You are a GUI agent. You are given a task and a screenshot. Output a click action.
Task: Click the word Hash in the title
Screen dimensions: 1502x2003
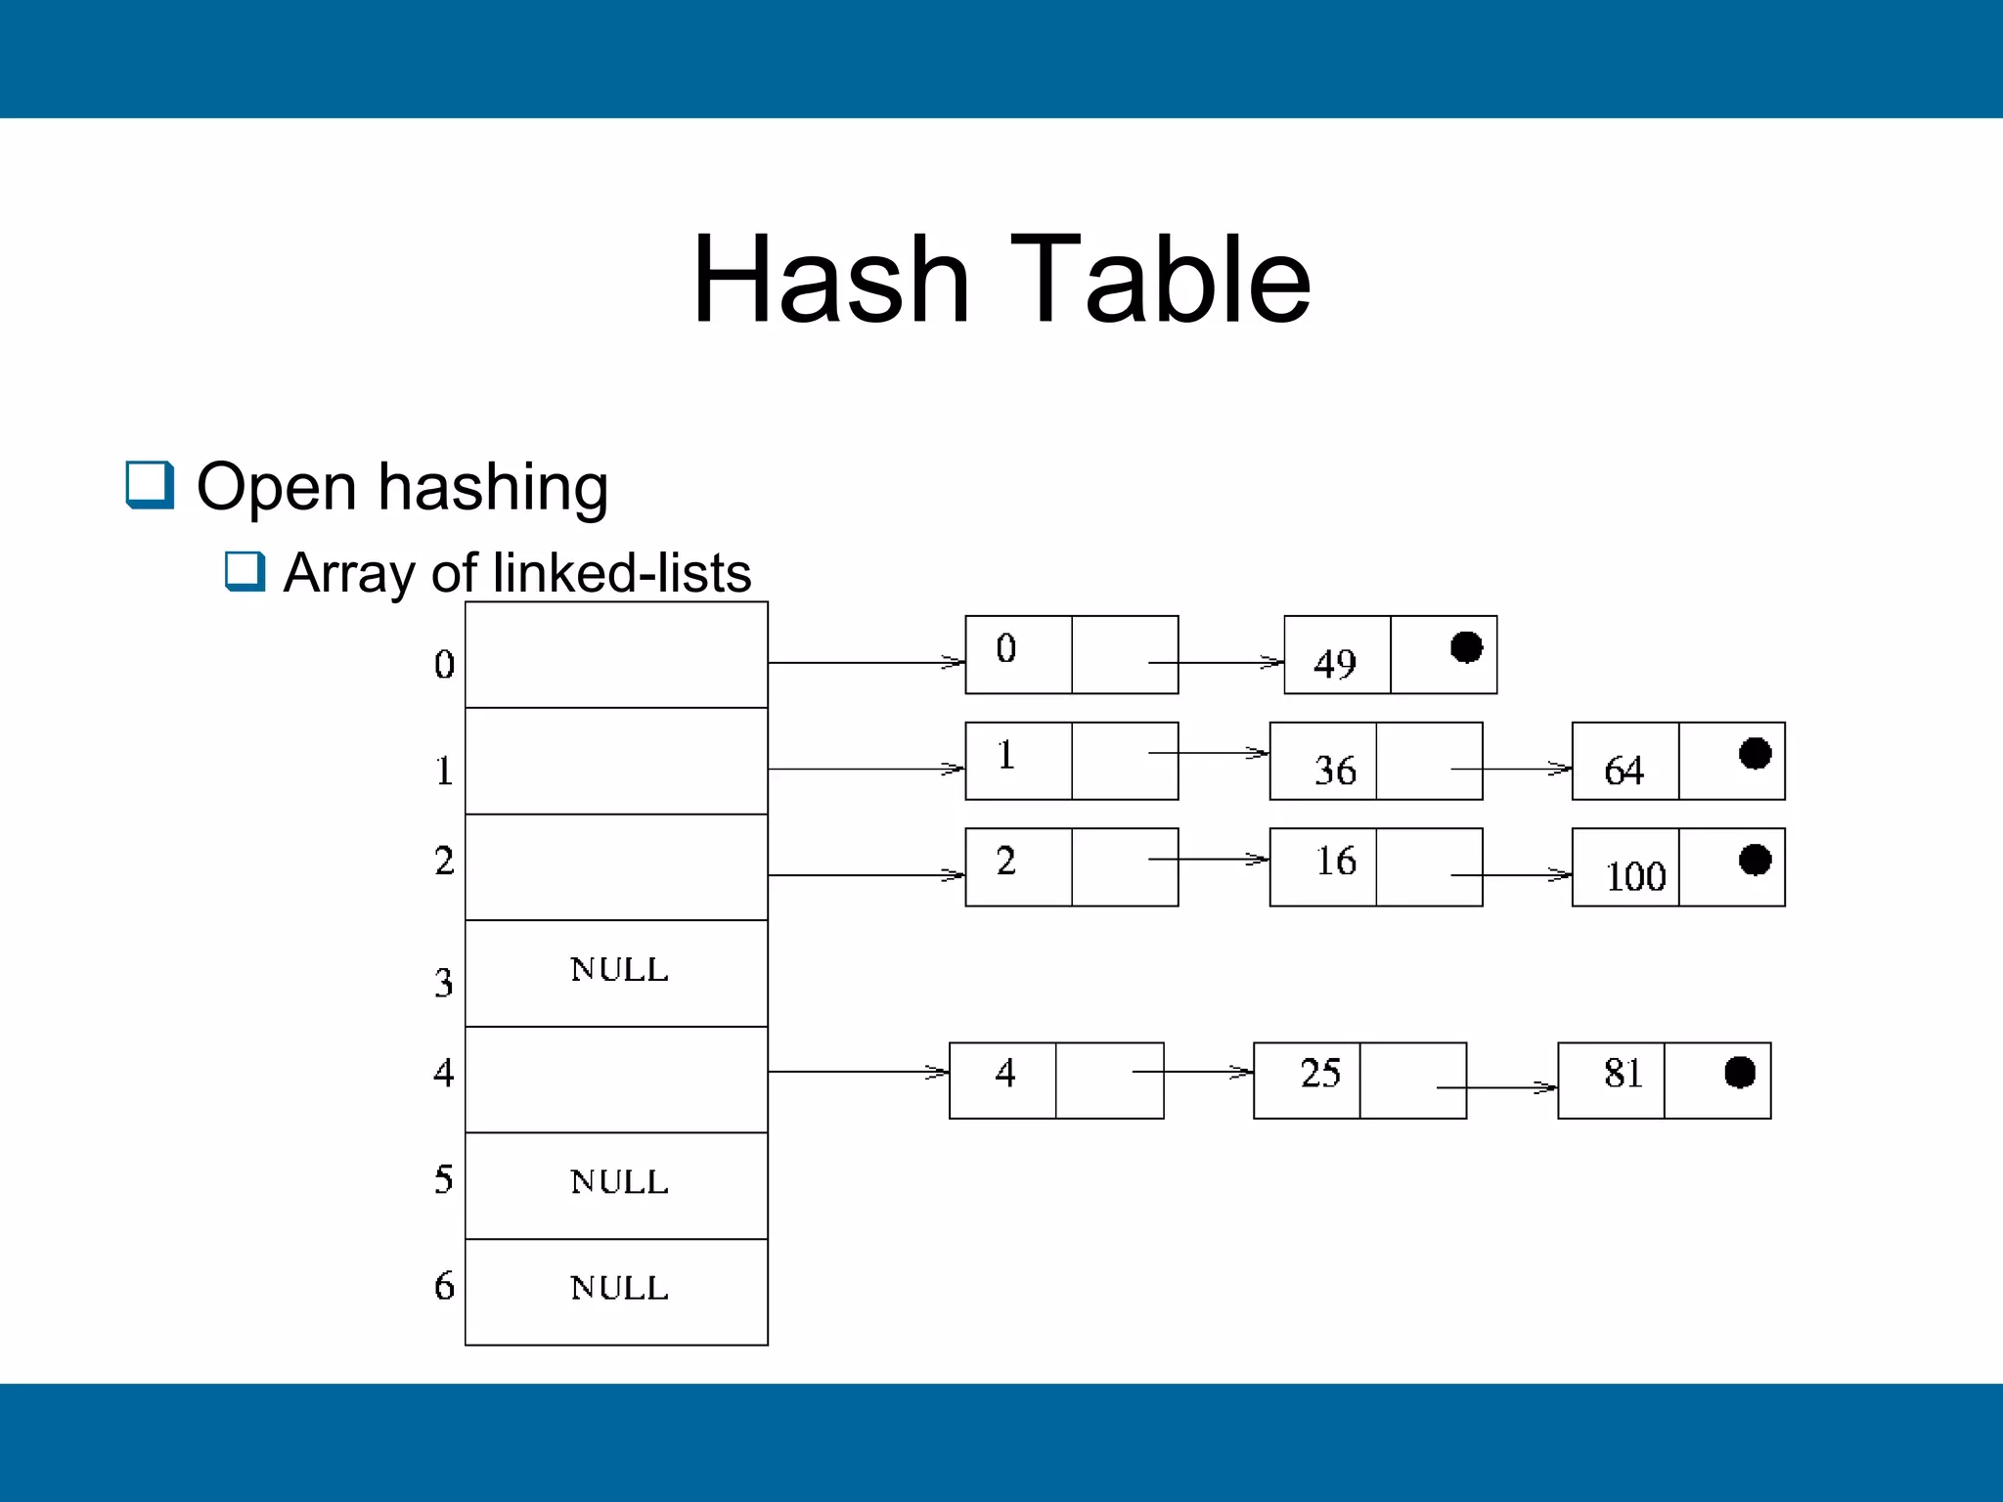(x=831, y=281)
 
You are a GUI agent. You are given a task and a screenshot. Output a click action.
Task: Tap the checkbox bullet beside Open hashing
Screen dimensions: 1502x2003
(x=150, y=485)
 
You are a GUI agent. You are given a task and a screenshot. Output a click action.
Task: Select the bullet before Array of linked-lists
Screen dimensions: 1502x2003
(x=245, y=571)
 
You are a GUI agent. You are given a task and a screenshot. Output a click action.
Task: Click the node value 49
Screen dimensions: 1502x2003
(x=1335, y=664)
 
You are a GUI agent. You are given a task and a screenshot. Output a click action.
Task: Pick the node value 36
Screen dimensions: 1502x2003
(x=1335, y=771)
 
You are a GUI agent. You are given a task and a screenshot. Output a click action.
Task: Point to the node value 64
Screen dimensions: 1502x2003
(x=1624, y=771)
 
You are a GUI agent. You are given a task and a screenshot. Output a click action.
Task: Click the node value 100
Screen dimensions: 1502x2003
(x=1635, y=876)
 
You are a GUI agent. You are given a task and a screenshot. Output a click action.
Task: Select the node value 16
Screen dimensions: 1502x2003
(x=1335, y=861)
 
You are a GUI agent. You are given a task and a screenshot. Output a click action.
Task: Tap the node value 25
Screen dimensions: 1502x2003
(x=1320, y=1073)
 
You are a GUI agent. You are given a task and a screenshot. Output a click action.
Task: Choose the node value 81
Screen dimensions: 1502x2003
(x=1624, y=1073)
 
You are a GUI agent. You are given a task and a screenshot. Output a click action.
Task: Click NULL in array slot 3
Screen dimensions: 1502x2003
(x=619, y=970)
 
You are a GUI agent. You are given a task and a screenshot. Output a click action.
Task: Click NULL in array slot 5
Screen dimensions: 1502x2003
(x=619, y=1182)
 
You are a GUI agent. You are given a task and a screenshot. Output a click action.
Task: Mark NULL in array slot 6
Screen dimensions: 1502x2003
(x=619, y=1288)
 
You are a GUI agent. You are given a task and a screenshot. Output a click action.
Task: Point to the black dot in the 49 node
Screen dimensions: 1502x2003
(x=1466, y=647)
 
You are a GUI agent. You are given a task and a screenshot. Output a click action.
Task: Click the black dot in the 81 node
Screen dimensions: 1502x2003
(x=1740, y=1072)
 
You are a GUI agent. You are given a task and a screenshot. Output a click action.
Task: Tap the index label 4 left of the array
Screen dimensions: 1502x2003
(x=444, y=1073)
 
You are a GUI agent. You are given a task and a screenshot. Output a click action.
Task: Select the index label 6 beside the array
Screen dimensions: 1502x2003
(x=444, y=1286)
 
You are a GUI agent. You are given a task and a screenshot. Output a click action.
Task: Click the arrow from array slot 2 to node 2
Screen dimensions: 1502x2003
(x=866, y=875)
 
